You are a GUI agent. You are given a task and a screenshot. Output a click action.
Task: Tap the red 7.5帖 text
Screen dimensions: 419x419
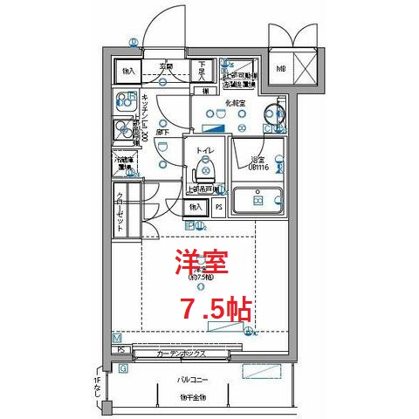point(216,307)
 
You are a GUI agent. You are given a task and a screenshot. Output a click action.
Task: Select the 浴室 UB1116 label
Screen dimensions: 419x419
point(257,162)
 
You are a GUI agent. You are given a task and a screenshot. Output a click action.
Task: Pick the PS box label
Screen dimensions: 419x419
point(218,208)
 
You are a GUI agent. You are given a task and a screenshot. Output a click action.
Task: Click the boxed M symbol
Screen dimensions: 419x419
point(117,338)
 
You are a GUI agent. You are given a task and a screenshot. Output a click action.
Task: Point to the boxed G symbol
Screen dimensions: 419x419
point(123,368)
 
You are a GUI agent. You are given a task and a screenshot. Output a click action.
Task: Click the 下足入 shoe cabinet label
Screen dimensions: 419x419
point(202,69)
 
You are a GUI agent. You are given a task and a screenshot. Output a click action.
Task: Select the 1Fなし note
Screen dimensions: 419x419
point(97,389)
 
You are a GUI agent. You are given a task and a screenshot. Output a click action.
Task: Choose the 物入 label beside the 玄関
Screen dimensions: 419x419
point(128,70)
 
